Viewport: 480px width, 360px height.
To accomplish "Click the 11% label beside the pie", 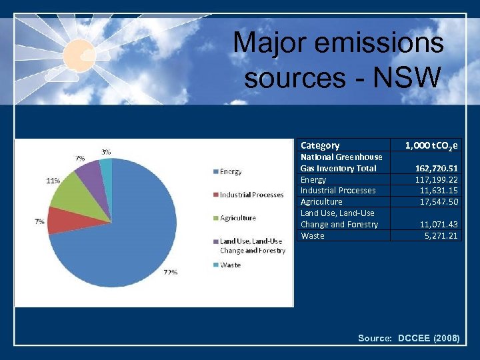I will click(x=53, y=180).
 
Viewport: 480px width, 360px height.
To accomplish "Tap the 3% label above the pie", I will click(x=106, y=152).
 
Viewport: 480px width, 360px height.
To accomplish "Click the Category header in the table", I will click(x=320, y=145).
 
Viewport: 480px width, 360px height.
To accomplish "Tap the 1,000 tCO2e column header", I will click(x=432, y=145).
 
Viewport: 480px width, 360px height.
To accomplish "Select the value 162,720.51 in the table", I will click(x=437, y=168).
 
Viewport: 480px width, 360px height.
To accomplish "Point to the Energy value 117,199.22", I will click(x=437, y=179).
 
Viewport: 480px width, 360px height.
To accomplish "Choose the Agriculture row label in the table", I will click(x=321, y=201).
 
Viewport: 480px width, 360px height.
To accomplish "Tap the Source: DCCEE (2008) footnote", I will click(x=408, y=338).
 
